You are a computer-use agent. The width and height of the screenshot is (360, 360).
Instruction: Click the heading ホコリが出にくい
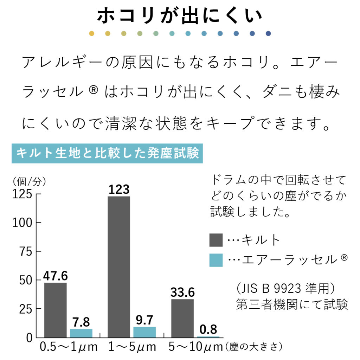point(180,16)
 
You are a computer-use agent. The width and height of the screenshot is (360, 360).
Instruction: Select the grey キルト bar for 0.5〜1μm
point(55,310)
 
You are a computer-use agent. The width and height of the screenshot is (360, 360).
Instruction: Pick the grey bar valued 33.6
point(182,318)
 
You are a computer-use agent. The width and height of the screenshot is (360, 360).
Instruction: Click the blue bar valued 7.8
point(81,333)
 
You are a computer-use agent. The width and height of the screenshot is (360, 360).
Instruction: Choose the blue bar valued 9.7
point(144,332)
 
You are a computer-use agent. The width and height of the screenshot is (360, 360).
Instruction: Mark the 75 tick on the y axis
point(26,252)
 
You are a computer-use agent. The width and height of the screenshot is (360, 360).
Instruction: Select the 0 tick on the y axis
point(30,338)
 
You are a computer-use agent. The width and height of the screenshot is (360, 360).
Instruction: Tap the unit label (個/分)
point(29,181)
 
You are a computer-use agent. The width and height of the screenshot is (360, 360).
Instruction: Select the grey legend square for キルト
point(216,240)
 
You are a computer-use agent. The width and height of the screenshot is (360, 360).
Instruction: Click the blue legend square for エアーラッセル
point(216,260)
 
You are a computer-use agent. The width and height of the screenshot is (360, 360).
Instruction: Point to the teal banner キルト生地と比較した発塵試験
point(108,153)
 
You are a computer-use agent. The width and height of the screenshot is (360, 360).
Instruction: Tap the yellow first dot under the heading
point(92,33)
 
